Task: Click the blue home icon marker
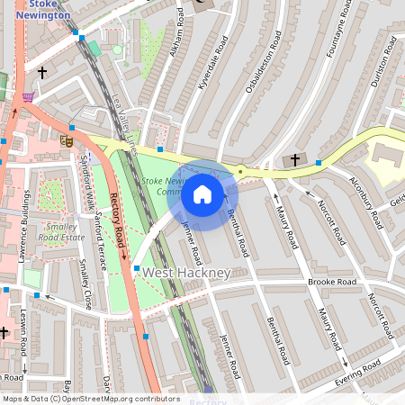tap(202, 193)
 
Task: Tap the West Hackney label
tap(187, 272)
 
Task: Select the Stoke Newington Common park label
tap(163, 186)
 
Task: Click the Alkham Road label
tap(177, 32)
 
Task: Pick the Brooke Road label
tap(332, 282)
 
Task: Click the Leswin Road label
tap(25, 331)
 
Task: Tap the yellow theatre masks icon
tap(66, 140)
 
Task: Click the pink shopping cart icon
tap(29, 97)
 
